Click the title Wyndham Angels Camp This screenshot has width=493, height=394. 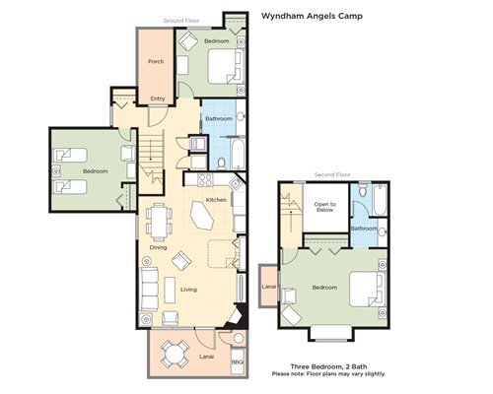pyautogui.click(x=312, y=16)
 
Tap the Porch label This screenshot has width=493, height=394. pyautogui.click(x=156, y=61)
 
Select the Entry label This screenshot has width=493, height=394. pyautogui.click(x=158, y=98)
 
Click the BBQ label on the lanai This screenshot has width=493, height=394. pyautogui.click(x=238, y=362)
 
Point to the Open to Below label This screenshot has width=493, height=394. pyautogui.click(x=324, y=207)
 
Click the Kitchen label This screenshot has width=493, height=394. pyautogui.click(x=216, y=200)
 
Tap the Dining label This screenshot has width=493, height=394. pyautogui.click(x=158, y=247)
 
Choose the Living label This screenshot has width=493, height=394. pyautogui.click(x=188, y=290)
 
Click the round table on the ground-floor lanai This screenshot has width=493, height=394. pyautogui.click(x=175, y=355)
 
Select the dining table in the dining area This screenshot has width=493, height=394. pyautogui.click(x=160, y=222)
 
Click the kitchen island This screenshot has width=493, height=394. pyautogui.click(x=202, y=216)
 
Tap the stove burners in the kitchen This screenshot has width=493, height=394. pyautogui.click(x=205, y=180)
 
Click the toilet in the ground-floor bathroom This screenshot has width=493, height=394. pyautogui.click(x=222, y=164)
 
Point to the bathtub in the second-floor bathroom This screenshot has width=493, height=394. pyautogui.click(x=380, y=200)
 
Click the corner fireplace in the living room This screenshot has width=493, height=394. pyautogui.click(x=237, y=316)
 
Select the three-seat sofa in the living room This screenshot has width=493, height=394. pyautogui.click(x=149, y=290)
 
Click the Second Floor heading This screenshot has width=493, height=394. pyautogui.click(x=332, y=174)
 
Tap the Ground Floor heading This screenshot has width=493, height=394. pyautogui.click(x=181, y=21)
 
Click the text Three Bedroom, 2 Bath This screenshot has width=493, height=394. pyautogui.click(x=328, y=366)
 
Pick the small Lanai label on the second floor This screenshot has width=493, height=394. pyautogui.click(x=269, y=287)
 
